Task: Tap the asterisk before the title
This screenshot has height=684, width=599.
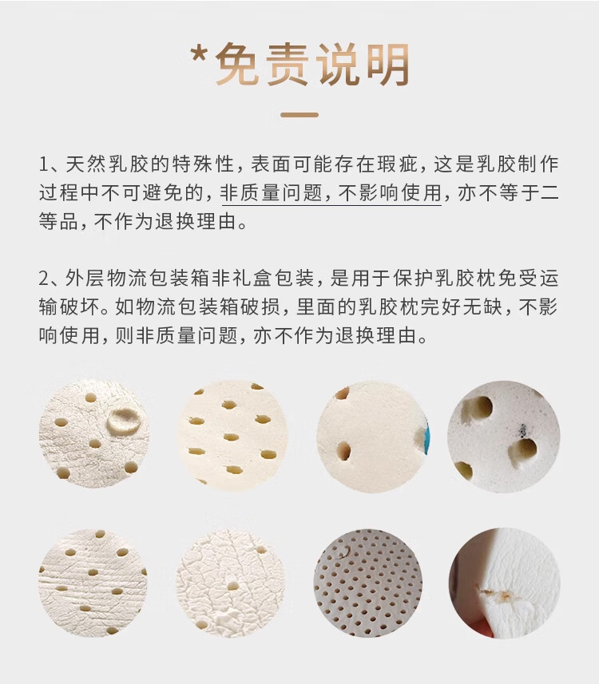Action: click(x=200, y=54)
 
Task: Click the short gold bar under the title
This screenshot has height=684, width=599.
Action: click(x=299, y=115)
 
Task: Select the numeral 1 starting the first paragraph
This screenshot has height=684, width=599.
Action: click(x=44, y=164)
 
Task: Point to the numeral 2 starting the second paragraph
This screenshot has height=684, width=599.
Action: click(x=44, y=279)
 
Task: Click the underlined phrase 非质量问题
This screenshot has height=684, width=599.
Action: click(x=271, y=193)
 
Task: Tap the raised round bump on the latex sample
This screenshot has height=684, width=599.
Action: click(x=124, y=420)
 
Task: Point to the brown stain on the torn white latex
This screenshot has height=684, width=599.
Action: click(x=497, y=593)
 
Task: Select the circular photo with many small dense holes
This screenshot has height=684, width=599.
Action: click(x=367, y=583)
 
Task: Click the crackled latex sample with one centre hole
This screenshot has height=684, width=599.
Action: click(x=231, y=583)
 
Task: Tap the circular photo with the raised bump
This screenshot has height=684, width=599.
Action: click(x=93, y=433)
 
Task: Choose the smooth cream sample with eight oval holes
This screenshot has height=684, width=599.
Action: click(x=232, y=435)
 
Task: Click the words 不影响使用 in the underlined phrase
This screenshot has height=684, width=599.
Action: click(x=390, y=193)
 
